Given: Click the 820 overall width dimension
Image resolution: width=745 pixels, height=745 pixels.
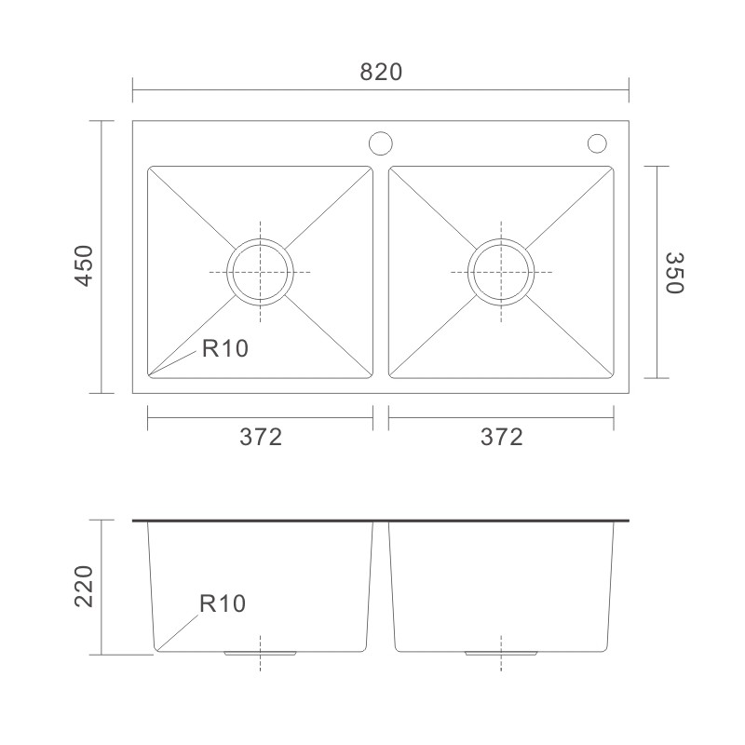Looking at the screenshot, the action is pos(381,73).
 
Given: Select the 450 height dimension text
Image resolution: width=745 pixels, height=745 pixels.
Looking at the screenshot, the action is pos(84,266).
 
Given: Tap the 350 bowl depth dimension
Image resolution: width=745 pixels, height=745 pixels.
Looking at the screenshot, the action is pos(673,273).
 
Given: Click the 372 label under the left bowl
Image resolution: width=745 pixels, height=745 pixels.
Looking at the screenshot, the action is pos(261,437).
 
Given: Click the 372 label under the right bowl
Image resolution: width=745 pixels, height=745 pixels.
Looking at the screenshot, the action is pos(501,437).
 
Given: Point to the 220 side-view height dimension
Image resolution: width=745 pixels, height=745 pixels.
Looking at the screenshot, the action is pos(84,587).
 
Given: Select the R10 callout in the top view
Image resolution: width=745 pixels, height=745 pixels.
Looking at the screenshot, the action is pos(225,348).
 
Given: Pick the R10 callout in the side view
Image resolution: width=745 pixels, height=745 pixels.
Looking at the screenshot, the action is pos(223,603).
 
